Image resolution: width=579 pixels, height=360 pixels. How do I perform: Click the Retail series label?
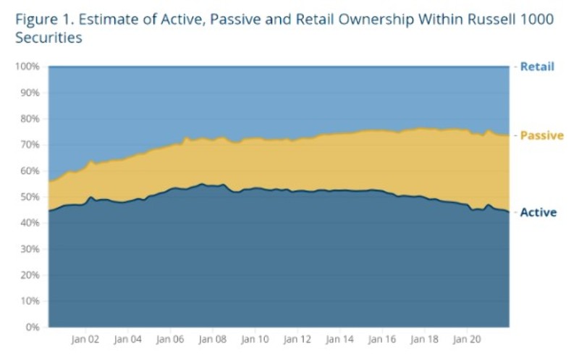point(537,67)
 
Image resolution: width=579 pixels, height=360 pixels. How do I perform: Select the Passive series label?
point(541,135)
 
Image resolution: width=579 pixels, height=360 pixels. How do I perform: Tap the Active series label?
point(538,212)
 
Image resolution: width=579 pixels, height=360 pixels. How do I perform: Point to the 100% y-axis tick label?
point(27,67)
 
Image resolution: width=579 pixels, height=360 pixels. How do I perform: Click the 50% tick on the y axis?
point(29,197)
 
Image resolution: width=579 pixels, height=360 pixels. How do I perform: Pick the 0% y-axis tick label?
point(32,327)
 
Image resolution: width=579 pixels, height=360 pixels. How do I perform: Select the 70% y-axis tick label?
point(29,145)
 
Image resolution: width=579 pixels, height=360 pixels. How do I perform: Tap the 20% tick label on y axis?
point(29,275)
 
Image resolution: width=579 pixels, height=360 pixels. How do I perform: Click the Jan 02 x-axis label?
point(85,338)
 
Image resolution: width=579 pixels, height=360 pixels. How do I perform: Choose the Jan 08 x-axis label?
point(212,338)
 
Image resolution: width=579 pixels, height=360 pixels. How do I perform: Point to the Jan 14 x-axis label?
point(339,338)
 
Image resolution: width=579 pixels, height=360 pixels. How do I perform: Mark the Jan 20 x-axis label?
point(465,338)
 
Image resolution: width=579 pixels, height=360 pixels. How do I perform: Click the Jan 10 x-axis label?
point(254,338)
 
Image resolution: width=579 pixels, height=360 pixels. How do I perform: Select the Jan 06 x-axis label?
point(170,338)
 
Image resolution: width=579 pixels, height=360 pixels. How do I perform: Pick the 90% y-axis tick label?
point(29,93)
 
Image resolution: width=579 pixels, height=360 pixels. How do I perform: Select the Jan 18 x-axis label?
point(423,338)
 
